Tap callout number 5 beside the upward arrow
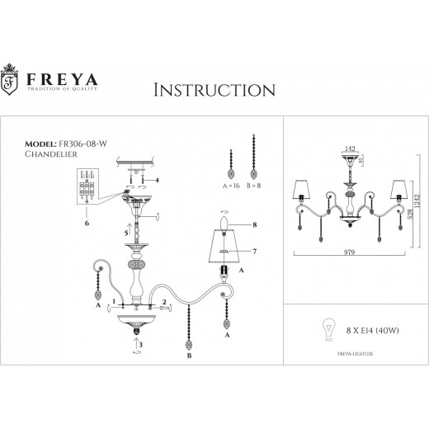pyautogui.click(x=125, y=233)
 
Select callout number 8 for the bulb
pyautogui.click(x=256, y=224)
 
